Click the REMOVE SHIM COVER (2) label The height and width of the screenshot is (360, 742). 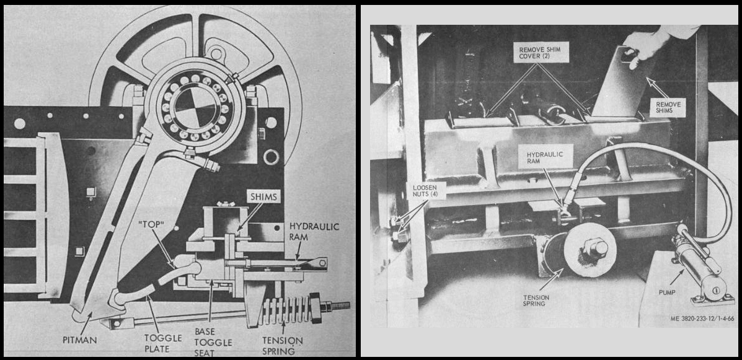tap(535, 52)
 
